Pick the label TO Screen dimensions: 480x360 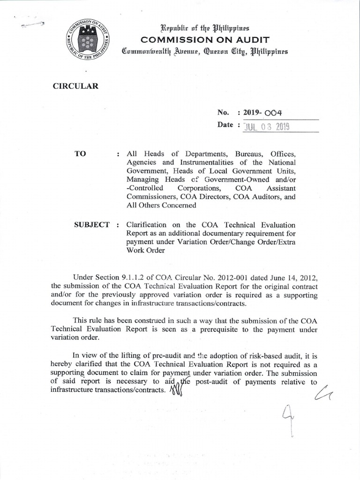click(81, 154)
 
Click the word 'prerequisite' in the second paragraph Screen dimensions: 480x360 click(236, 330)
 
